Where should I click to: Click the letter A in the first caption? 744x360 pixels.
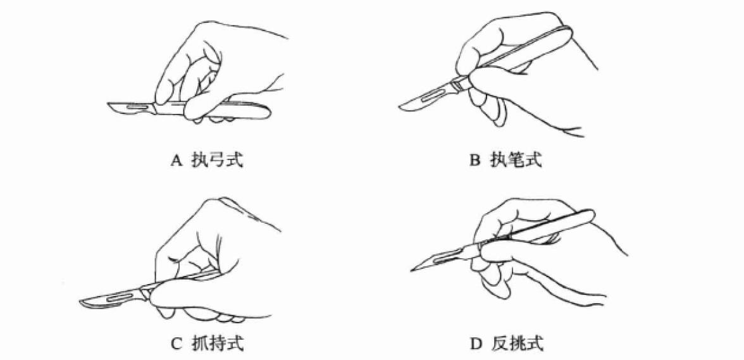pyautogui.click(x=176, y=160)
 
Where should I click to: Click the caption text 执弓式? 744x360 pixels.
pyautogui.click(x=217, y=160)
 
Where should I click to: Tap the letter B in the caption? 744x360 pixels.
pyautogui.click(x=474, y=160)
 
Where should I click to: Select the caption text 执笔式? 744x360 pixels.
pyautogui.click(x=516, y=160)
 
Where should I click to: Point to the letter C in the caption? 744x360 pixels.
pyautogui.click(x=177, y=344)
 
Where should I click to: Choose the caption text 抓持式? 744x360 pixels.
pyautogui.click(x=217, y=344)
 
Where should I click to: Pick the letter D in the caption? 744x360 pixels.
pyautogui.click(x=474, y=344)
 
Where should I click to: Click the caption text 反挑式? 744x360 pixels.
pyautogui.click(x=516, y=344)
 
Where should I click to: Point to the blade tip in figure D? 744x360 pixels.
pyautogui.click(x=411, y=271)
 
